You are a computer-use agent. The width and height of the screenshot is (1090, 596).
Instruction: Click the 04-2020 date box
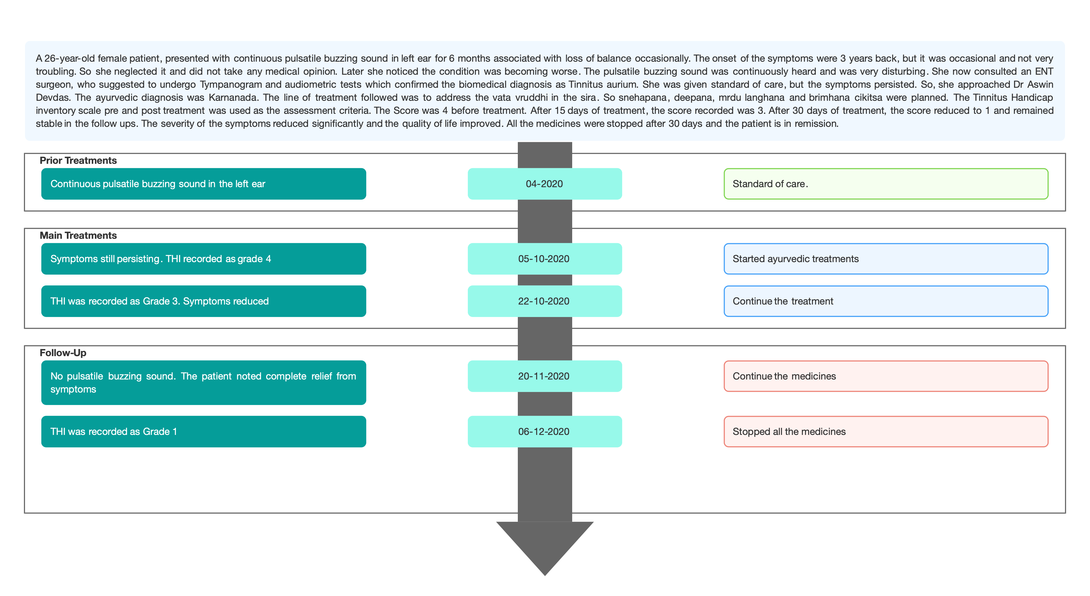coord(544,184)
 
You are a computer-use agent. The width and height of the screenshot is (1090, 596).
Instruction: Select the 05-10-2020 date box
coord(544,258)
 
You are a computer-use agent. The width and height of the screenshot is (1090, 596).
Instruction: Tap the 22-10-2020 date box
coord(544,301)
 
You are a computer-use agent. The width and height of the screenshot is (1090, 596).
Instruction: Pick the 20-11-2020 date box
coord(544,376)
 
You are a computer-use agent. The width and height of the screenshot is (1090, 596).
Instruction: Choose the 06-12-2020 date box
coord(544,431)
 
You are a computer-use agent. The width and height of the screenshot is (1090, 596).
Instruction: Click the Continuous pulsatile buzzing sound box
coord(204,184)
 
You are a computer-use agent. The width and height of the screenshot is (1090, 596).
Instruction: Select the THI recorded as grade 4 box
coord(204,258)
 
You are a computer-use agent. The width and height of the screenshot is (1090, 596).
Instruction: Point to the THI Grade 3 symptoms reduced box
coord(204,301)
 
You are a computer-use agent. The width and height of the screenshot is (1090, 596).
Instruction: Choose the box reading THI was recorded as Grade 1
coord(204,431)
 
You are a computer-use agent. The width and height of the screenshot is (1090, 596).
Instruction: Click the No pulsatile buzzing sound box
coord(204,382)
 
